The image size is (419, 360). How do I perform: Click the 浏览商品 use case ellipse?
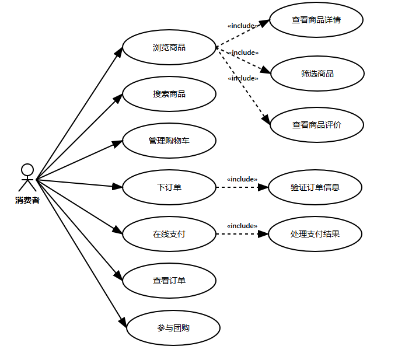169,47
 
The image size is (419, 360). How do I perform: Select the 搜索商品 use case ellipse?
169,94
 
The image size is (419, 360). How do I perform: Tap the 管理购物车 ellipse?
169,141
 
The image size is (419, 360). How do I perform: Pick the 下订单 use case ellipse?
169,187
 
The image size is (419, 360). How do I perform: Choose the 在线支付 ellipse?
169,234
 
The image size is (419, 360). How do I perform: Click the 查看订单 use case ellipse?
169,281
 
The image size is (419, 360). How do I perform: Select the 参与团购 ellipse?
173,328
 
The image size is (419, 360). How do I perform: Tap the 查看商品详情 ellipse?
316,20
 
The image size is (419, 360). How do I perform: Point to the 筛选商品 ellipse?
317,74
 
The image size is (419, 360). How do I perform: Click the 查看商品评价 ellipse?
317,125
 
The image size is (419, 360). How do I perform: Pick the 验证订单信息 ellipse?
315,187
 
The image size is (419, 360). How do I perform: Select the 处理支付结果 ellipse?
315,234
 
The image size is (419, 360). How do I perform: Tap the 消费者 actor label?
27,201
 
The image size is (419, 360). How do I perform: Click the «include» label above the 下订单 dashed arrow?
242,179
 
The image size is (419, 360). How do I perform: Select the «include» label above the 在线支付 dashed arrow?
242,226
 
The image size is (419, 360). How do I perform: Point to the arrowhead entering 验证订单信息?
263,187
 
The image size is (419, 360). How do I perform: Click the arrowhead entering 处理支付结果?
263,234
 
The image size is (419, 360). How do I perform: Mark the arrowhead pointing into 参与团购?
123,321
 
